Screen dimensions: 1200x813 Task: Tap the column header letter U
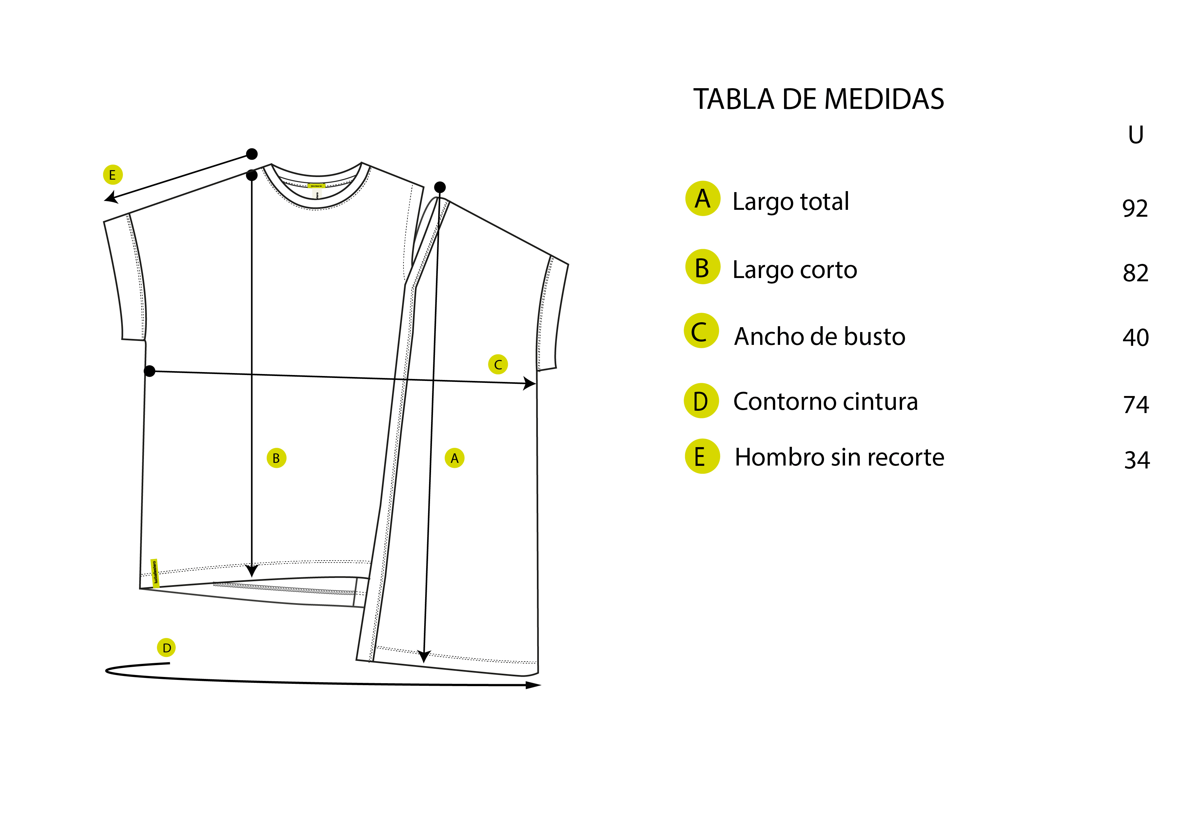click(1135, 135)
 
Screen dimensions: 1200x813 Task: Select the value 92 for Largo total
click(1135, 209)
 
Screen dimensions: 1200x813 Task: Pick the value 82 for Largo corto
click(1135, 273)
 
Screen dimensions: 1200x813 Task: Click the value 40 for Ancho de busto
click(1135, 337)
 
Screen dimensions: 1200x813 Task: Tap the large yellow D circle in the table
click(701, 401)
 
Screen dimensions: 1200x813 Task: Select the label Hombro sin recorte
click(839, 457)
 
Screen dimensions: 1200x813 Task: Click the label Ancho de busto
click(819, 336)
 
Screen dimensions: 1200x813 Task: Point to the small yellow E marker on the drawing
click(112, 175)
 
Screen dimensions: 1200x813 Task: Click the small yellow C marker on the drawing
click(498, 364)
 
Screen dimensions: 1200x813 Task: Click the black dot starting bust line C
click(149, 371)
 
